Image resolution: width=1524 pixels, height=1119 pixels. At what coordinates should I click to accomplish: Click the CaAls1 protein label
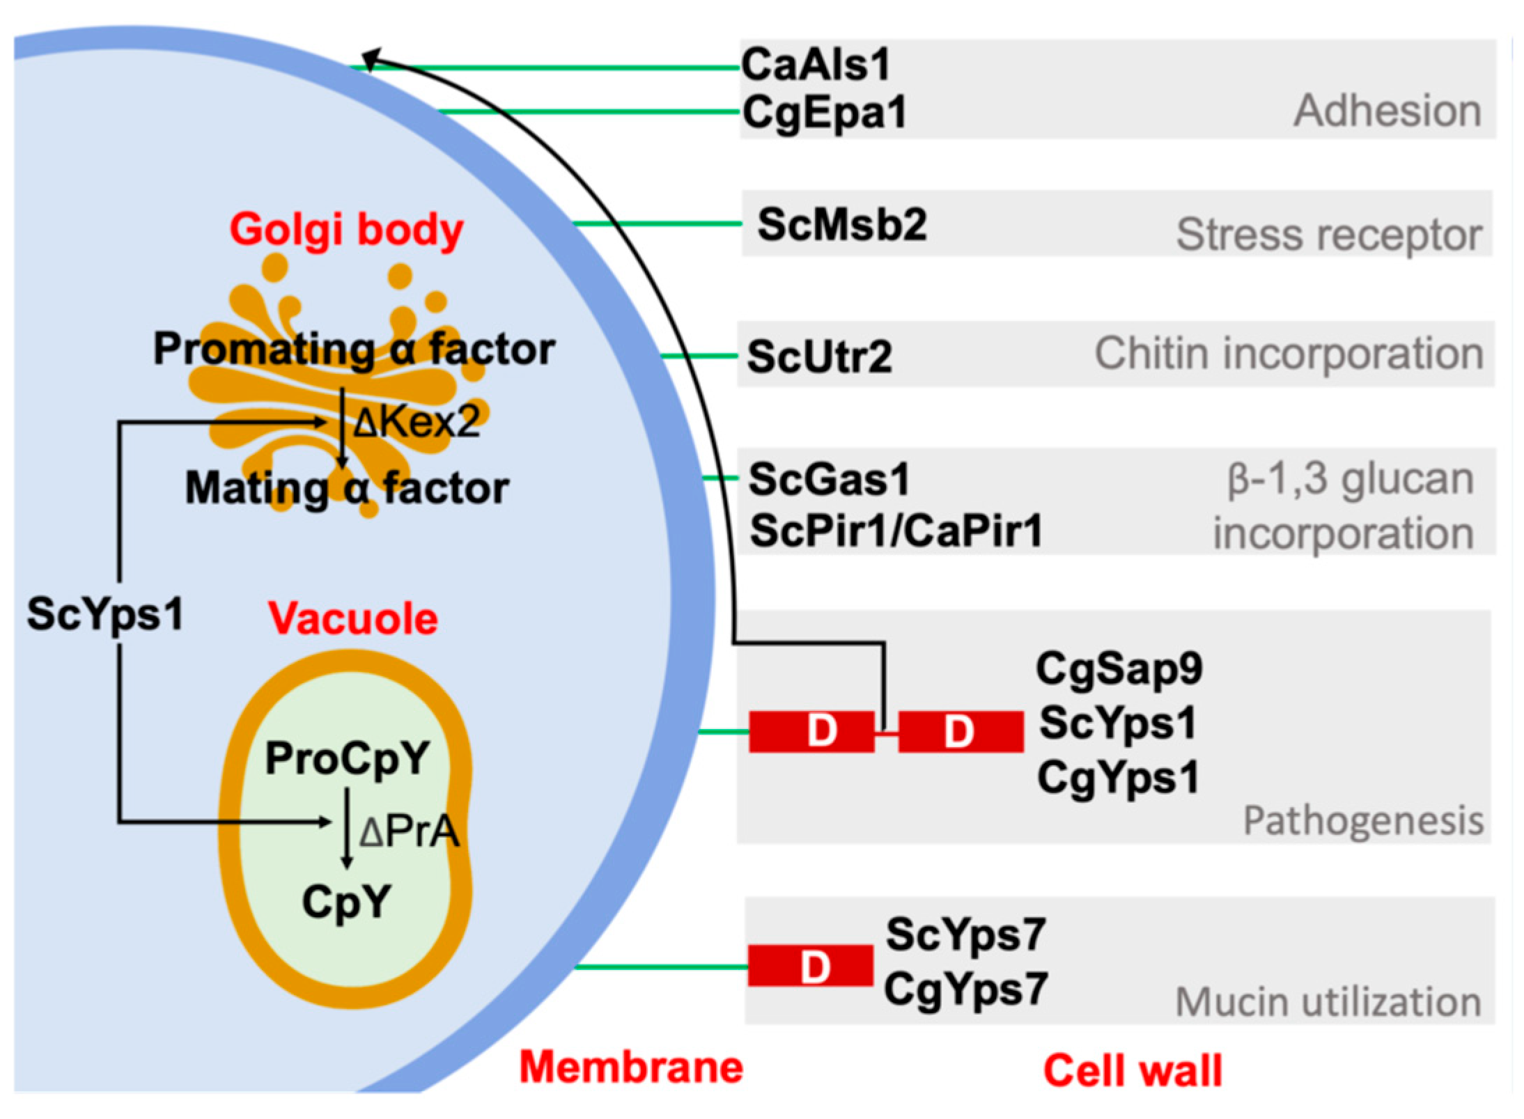coord(816,64)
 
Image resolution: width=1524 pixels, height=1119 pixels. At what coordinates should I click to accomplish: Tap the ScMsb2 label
coord(842,224)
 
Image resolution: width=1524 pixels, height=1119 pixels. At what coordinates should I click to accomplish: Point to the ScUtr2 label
coord(819,357)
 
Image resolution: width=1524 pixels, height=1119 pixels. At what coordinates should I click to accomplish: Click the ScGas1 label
coord(829,479)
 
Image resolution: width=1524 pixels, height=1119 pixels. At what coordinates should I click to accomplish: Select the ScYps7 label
coord(965,935)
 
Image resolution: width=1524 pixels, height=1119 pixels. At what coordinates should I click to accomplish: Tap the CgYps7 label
coord(965,989)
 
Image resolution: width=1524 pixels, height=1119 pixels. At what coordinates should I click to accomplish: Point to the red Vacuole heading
coord(353,618)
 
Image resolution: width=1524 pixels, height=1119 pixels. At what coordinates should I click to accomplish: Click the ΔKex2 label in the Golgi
coord(417,422)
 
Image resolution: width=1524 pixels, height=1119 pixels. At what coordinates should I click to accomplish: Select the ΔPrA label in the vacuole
coord(410,831)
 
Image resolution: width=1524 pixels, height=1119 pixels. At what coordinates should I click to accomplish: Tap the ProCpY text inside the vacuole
coord(348,758)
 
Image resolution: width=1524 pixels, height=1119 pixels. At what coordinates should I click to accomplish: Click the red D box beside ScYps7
coord(810,966)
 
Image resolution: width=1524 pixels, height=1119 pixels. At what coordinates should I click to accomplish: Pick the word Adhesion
coord(1387,111)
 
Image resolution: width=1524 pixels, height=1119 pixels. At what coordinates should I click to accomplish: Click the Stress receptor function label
coord(1329,235)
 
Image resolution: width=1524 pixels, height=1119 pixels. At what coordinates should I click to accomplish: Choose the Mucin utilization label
coord(1328,1003)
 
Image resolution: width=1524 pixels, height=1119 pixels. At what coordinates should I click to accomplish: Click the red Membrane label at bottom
coord(632,1067)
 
